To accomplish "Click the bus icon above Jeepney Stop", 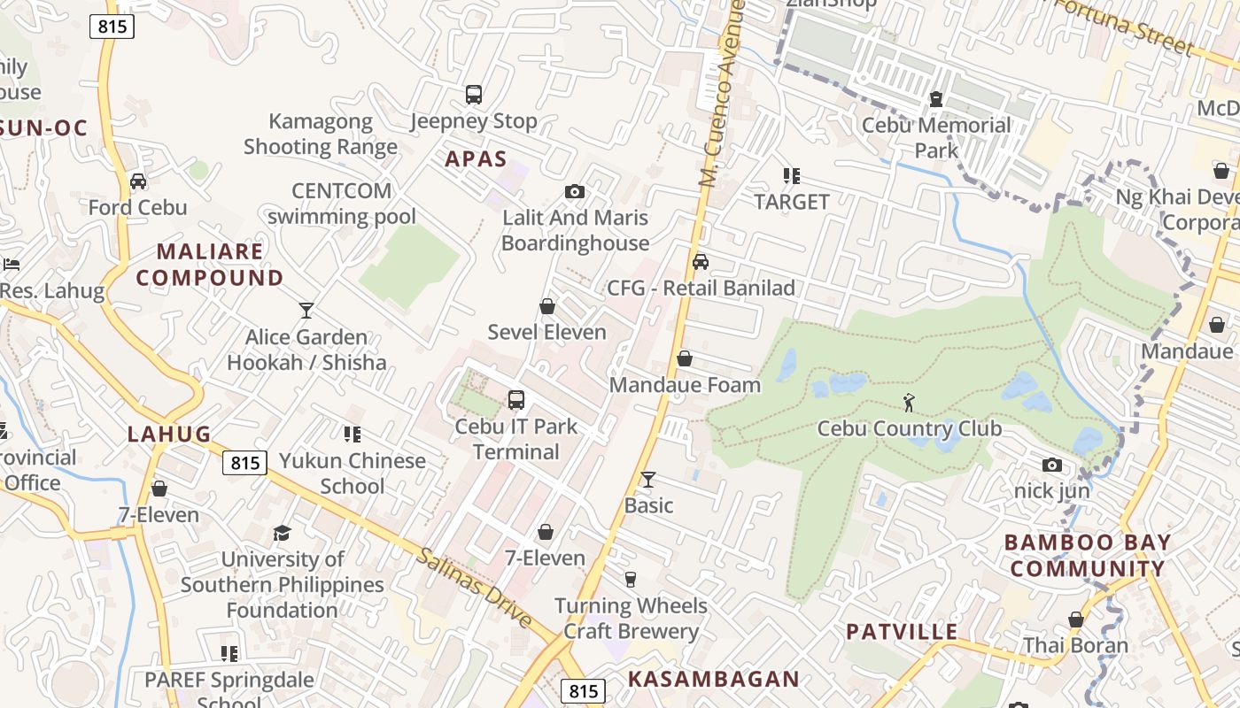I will click(474, 94).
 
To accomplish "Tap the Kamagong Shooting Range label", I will click(321, 135).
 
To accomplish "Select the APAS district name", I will click(476, 159).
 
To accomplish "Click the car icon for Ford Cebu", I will click(138, 181).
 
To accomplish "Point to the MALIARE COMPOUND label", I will click(210, 265).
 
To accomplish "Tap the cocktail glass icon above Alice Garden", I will click(306, 311).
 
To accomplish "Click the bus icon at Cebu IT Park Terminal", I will click(516, 400).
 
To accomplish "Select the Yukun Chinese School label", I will click(353, 473).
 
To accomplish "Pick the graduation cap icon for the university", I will click(283, 533).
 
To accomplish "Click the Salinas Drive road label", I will click(475, 587).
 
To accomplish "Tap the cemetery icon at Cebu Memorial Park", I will click(936, 99).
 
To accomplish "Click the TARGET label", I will click(792, 202).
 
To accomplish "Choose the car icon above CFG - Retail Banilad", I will click(701, 262).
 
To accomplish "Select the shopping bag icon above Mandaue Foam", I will click(685, 358).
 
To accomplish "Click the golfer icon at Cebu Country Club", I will click(909, 404).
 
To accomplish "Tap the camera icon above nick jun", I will click(1052, 465).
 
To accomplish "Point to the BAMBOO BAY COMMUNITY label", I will click(1088, 555).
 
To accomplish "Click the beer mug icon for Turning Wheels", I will click(631, 580).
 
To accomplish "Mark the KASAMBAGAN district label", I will click(714, 680).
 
